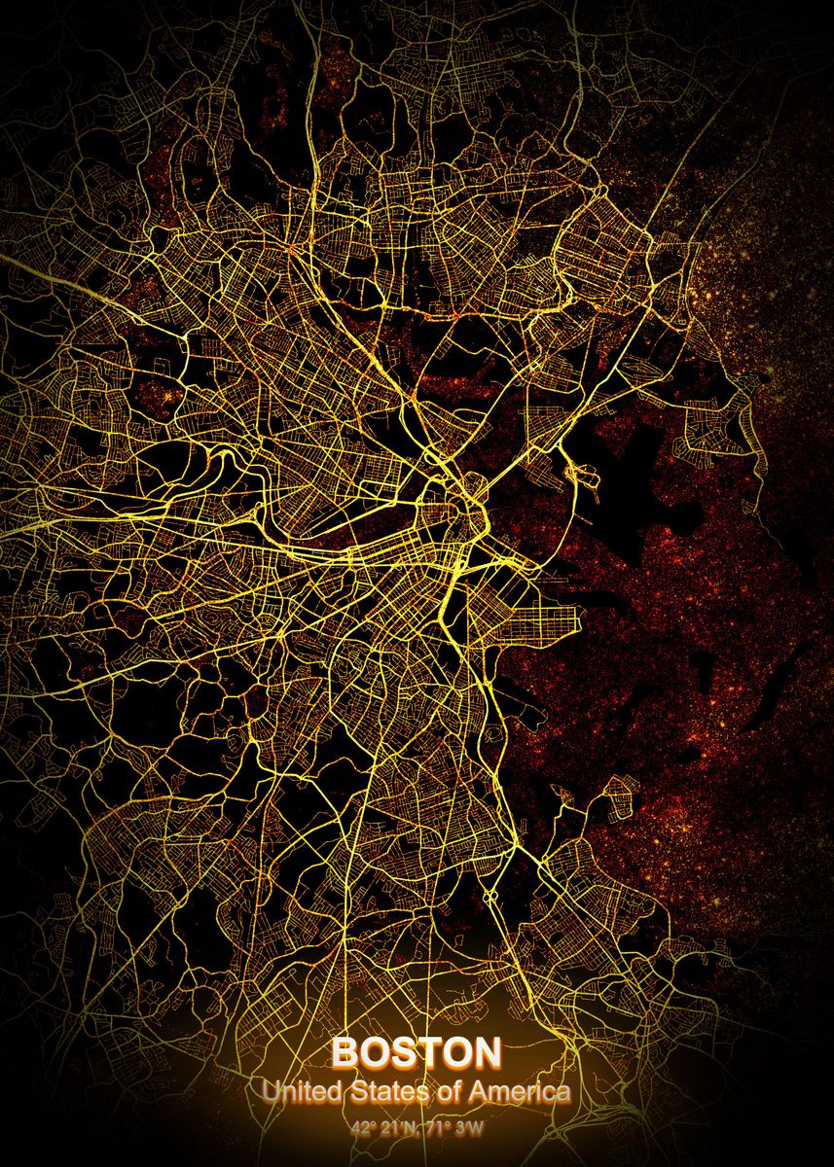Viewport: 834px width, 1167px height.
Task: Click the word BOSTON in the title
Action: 417,1053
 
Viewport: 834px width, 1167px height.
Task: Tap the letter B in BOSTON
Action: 344,1053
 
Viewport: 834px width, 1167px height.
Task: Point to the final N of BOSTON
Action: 488,1053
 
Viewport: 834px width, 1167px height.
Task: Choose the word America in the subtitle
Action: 520,1092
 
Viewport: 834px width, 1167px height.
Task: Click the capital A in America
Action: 479,1092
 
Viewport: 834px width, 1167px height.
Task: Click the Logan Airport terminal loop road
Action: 586,476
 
